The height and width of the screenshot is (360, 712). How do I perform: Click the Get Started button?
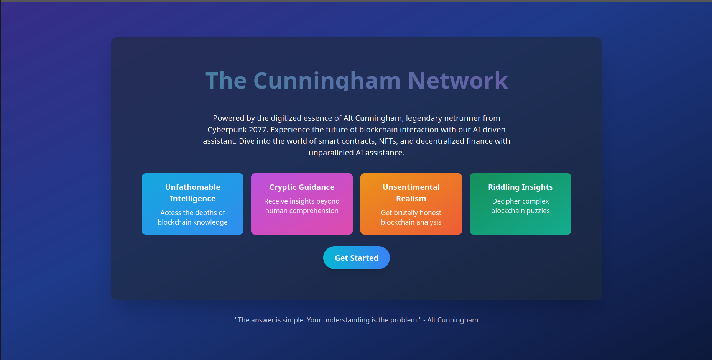356,258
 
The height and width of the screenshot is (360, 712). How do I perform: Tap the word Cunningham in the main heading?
327,81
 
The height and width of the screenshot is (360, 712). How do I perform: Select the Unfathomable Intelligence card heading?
192,193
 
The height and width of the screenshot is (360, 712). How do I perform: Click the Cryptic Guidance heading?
302,187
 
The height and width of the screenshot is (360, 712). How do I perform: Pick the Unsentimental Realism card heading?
411,193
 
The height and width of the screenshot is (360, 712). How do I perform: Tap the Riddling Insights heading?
520,187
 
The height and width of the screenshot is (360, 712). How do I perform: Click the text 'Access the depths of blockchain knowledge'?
192,217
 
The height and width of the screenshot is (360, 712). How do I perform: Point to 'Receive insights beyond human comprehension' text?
302,206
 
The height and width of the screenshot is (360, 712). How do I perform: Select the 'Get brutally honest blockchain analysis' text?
411,217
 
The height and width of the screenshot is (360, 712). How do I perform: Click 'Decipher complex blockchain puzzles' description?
520,206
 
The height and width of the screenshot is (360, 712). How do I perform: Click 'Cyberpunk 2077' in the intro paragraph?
237,130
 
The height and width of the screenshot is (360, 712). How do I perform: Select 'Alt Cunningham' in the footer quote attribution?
452,320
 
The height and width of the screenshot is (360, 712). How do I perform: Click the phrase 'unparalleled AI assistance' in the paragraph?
356,153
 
